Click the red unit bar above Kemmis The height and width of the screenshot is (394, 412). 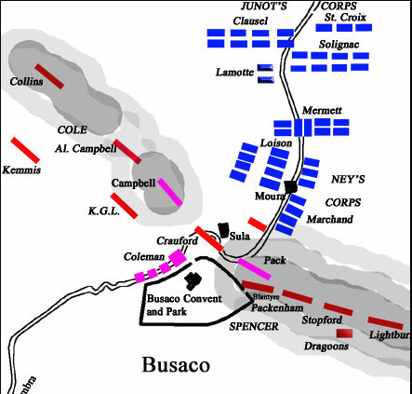[24, 149]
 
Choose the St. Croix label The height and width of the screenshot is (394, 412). [344, 15]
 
